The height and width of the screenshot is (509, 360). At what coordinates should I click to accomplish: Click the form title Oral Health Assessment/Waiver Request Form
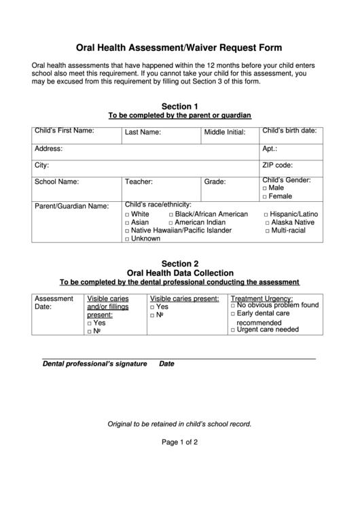tap(179, 48)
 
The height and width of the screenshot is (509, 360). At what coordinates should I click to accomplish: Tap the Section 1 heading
tap(179, 106)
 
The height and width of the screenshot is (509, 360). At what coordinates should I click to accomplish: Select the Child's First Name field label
tap(64, 130)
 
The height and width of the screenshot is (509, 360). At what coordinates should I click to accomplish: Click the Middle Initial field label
tap(225, 133)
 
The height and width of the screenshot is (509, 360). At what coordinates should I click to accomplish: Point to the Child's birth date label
tap(289, 130)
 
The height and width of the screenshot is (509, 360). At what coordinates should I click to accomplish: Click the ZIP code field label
tap(277, 164)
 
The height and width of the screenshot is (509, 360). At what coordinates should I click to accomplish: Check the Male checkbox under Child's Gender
tap(265, 188)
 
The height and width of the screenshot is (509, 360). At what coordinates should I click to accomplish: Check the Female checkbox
tap(265, 196)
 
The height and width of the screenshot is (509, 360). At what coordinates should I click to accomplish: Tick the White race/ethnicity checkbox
tap(127, 214)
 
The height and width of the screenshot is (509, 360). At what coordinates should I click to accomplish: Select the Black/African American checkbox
tap(171, 214)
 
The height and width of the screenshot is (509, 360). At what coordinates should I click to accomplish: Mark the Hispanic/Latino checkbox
tap(267, 214)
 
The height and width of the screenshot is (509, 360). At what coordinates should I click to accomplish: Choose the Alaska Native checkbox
tap(267, 222)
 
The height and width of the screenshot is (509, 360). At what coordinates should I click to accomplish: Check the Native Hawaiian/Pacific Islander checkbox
tap(127, 230)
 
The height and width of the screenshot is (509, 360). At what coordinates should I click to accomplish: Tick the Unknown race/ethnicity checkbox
tap(127, 239)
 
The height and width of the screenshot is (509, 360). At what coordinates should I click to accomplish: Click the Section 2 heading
tap(179, 264)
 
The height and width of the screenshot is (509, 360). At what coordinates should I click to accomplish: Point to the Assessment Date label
tap(54, 302)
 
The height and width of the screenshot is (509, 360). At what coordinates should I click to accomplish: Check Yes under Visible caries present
tap(153, 307)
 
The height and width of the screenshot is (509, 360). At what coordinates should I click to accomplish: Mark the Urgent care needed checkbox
tap(233, 330)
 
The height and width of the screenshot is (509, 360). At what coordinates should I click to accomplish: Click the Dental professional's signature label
tap(94, 364)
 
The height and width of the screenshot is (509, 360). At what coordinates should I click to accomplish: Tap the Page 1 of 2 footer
tap(179, 442)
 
